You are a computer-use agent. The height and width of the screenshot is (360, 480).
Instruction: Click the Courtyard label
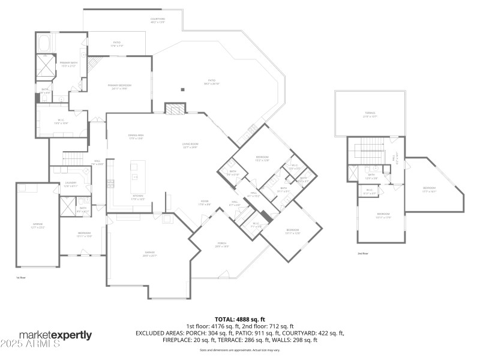coord(158,20)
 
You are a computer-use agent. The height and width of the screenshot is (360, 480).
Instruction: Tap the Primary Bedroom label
coord(119,86)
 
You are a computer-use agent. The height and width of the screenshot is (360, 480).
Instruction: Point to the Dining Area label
coord(136,137)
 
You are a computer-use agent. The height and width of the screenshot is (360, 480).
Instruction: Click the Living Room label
coord(191,145)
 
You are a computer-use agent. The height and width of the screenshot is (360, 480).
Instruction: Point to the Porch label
coord(222,245)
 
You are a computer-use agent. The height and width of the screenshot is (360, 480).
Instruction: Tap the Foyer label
coord(204,203)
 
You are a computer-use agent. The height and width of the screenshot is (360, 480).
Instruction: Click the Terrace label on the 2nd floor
coord(370,114)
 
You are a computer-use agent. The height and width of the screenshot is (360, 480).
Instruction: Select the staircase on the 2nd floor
coord(368,149)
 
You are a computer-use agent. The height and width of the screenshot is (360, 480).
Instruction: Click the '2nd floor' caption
coord(362,254)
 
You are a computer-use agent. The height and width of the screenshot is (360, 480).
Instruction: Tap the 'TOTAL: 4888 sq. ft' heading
coord(239,319)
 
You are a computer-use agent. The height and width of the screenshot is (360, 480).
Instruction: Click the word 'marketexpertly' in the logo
coord(55,335)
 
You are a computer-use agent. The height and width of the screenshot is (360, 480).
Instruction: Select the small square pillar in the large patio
coord(182,89)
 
